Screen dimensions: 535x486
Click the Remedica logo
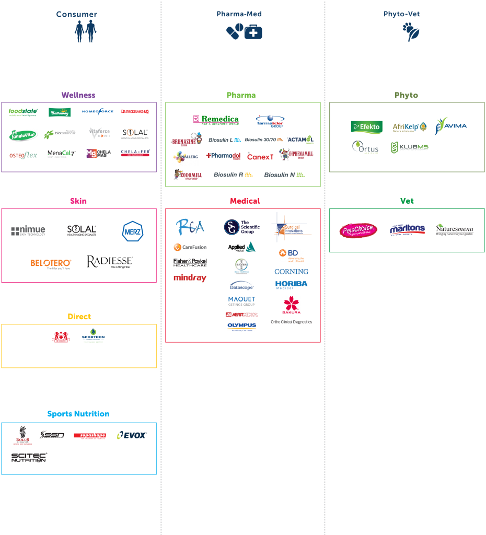pyautogui.click(x=216, y=120)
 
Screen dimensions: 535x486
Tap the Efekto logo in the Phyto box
pyautogui.click(x=367, y=127)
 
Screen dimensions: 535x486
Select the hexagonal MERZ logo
pyautogui.click(x=133, y=231)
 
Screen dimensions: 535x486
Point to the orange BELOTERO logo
pyautogui.click(x=51, y=263)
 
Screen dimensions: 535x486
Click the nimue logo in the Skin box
pyautogui.click(x=28, y=230)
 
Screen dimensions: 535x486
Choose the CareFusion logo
pyautogui.click(x=190, y=247)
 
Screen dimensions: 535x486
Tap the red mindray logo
pyautogui.click(x=190, y=278)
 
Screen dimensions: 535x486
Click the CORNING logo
pyautogui.click(x=292, y=272)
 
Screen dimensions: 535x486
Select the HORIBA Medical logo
pyautogui.click(x=292, y=285)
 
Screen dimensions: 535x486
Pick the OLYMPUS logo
pyautogui.click(x=242, y=327)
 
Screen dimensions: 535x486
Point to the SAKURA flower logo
pyautogui.click(x=292, y=304)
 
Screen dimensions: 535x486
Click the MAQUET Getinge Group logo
pyautogui.click(x=242, y=301)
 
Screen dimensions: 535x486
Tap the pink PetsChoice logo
pyautogui.click(x=358, y=230)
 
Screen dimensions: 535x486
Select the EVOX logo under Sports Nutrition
pyautogui.click(x=131, y=435)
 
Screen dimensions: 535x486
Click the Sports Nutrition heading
pyautogui.click(x=78, y=414)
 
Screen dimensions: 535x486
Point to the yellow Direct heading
pyautogui.click(x=79, y=317)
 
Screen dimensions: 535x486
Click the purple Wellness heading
pyautogui.click(x=78, y=95)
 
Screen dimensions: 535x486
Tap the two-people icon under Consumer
pyautogui.click(x=85, y=31)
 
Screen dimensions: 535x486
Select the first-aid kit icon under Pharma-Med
pyautogui.click(x=253, y=32)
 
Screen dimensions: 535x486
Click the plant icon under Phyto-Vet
pyautogui.click(x=411, y=32)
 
